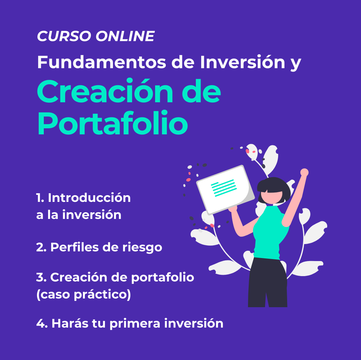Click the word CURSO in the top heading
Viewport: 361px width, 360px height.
coord(64,36)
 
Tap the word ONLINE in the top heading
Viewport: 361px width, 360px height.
coord(125,36)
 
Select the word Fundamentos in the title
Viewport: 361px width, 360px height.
coord(102,62)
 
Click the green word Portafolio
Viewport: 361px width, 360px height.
coord(113,123)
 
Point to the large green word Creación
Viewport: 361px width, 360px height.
coord(105,91)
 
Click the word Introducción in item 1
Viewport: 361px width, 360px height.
coord(89,198)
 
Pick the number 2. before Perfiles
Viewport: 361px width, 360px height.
coord(41,247)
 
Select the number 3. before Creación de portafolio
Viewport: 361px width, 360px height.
coord(41,277)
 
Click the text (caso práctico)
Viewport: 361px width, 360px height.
coord(84,294)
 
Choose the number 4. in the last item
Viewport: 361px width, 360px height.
coord(42,324)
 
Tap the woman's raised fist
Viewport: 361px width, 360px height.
coord(305,172)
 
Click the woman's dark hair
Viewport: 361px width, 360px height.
coord(274,188)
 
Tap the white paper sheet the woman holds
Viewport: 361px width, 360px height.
coord(225,190)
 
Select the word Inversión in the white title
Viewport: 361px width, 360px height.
coord(243,62)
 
